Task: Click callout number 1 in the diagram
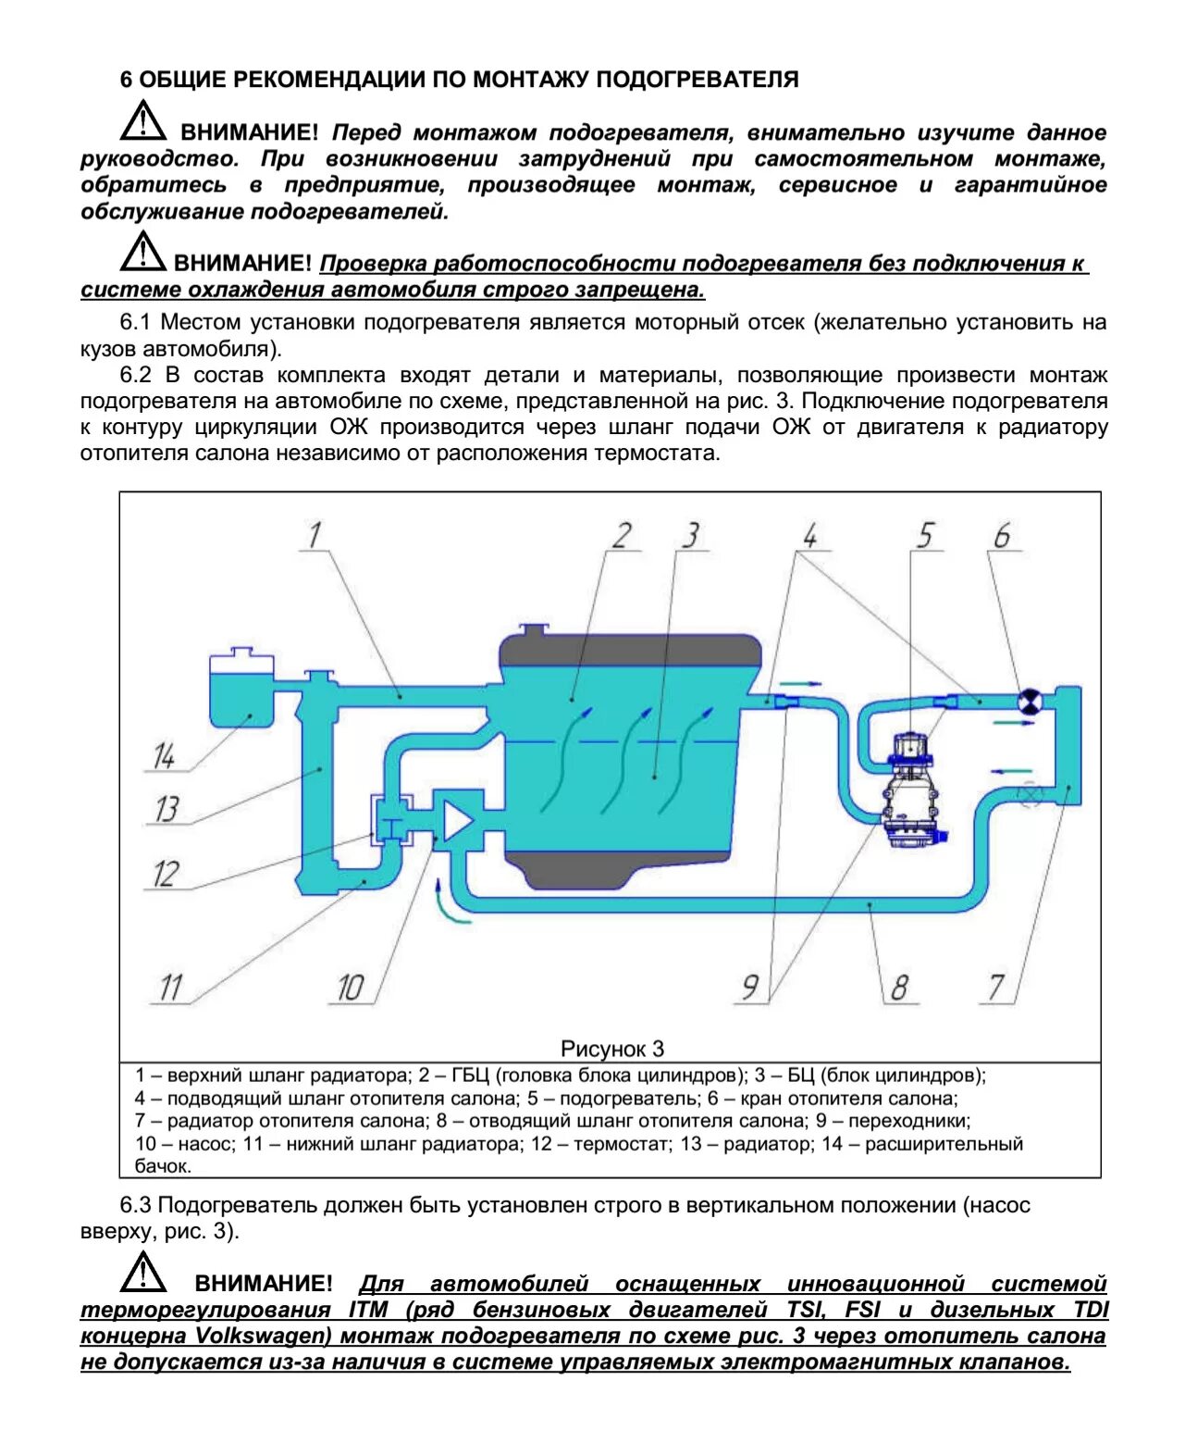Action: click(315, 535)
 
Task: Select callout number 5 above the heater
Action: click(925, 536)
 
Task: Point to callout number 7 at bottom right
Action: click(995, 987)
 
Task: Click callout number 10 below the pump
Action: click(349, 988)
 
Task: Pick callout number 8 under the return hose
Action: click(898, 988)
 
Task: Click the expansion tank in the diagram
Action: click(241, 690)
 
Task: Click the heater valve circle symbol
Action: click(1028, 703)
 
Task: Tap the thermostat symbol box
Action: click(391, 818)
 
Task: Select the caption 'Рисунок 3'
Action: click(612, 1049)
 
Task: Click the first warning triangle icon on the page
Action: click(142, 122)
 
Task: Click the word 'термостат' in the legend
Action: click(616, 1144)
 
